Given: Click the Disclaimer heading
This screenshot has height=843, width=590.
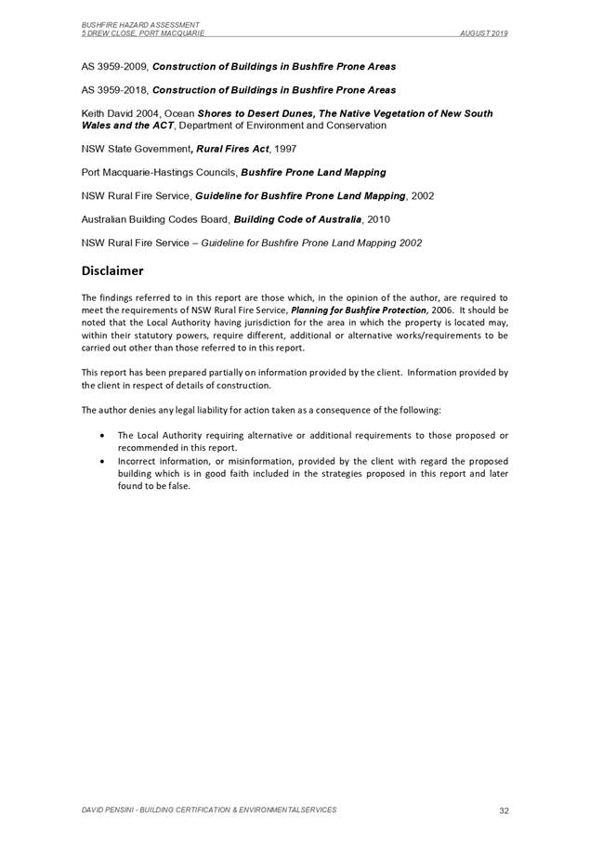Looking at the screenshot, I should tap(111, 271).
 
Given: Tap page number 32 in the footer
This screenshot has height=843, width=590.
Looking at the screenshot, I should tap(504, 810).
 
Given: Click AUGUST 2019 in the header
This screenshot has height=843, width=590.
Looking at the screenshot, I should tap(484, 33).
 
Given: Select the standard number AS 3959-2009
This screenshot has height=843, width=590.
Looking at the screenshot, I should tap(114, 67).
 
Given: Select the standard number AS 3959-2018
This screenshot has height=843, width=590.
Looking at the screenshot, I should tap(114, 90).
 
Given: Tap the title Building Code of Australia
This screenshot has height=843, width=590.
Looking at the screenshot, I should tap(297, 219).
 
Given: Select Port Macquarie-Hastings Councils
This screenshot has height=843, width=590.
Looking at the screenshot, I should tap(159, 173).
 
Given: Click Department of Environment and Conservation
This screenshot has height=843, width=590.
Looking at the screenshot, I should tap(294, 125).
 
